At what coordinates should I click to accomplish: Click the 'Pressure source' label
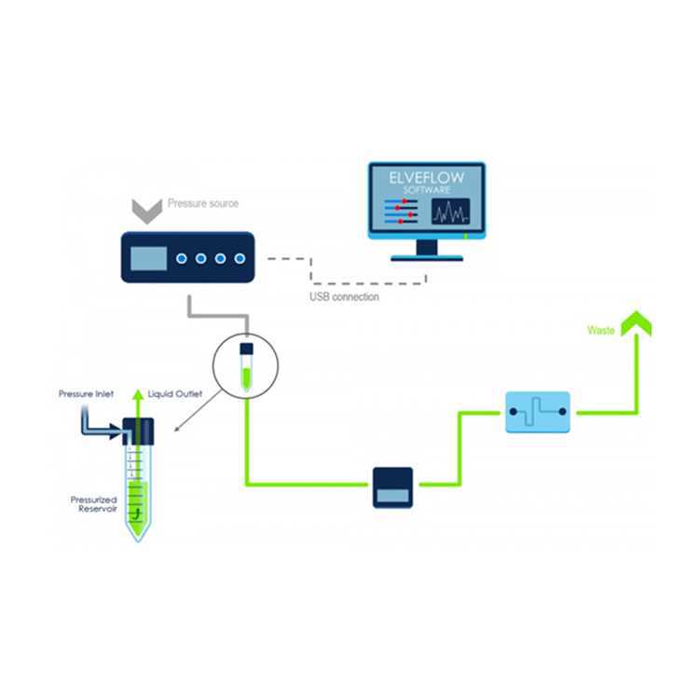pyautogui.click(x=203, y=203)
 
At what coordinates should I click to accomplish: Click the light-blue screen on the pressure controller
pyautogui.click(x=148, y=258)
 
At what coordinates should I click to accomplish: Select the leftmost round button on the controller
pyautogui.click(x=182, y=258)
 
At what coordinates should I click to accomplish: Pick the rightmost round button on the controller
pyautogui.click(x=240, y=258)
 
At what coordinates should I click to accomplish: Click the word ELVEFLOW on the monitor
pyautogui.click(x=427, y=178)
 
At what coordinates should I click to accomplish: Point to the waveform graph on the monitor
pyautogui.click(x=450, y=212)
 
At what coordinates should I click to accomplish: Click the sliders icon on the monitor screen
pyautogui.click(x=401, y=212)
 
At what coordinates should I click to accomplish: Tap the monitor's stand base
pyautogui.click(x=427, y=257)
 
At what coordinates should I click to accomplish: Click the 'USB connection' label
pyautogui.click(x=344, y=297)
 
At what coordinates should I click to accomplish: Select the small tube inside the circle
pyautogui.click(x=247, y=367)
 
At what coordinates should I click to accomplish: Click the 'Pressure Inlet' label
pyautogui.click(x=86, y=394)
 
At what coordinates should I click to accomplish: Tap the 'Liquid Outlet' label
pyautogui.click(x=175, y=394)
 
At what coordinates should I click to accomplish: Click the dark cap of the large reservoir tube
pyautogui.click(x=138, y=432)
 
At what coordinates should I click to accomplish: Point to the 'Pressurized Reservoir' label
pyautogui.click(x=93, y=504)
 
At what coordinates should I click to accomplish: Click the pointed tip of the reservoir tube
pyautogui.click(x=138, y=541)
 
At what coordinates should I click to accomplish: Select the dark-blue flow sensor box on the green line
pyautogui.click(x=392, y=487)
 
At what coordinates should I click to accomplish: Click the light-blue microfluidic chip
pyautogui.click(x=538, y=412)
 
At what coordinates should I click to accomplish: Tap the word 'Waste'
pyautogui.click(x=601, y=330)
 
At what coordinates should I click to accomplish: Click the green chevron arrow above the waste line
pyautogui.click(x=637, y=322)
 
